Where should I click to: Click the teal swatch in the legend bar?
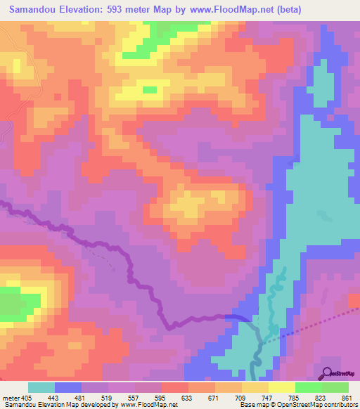click(x=41, y=388)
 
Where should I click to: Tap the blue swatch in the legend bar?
click(x=68, y=388)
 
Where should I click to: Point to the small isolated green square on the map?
click(x=150, y=89)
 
